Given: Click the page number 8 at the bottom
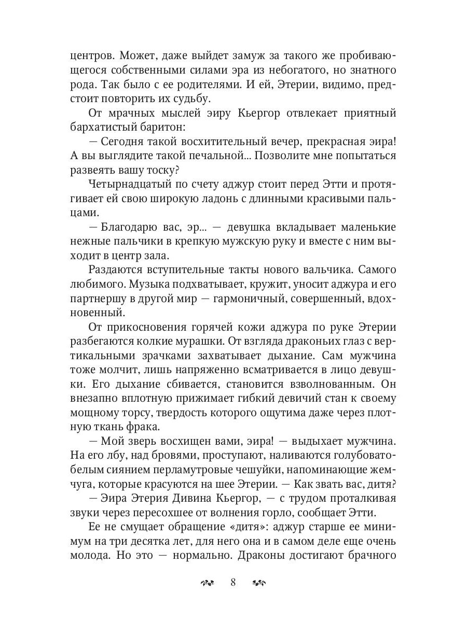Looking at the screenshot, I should pyautogui.click(x=233, y=582).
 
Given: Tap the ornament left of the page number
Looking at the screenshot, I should pyautogui.click(x=208, y=583).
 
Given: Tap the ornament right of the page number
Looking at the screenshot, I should pyautogui.click(x=258, y=583).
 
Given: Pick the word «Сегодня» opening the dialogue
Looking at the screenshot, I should pyautogui.click(x=124, y=141).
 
